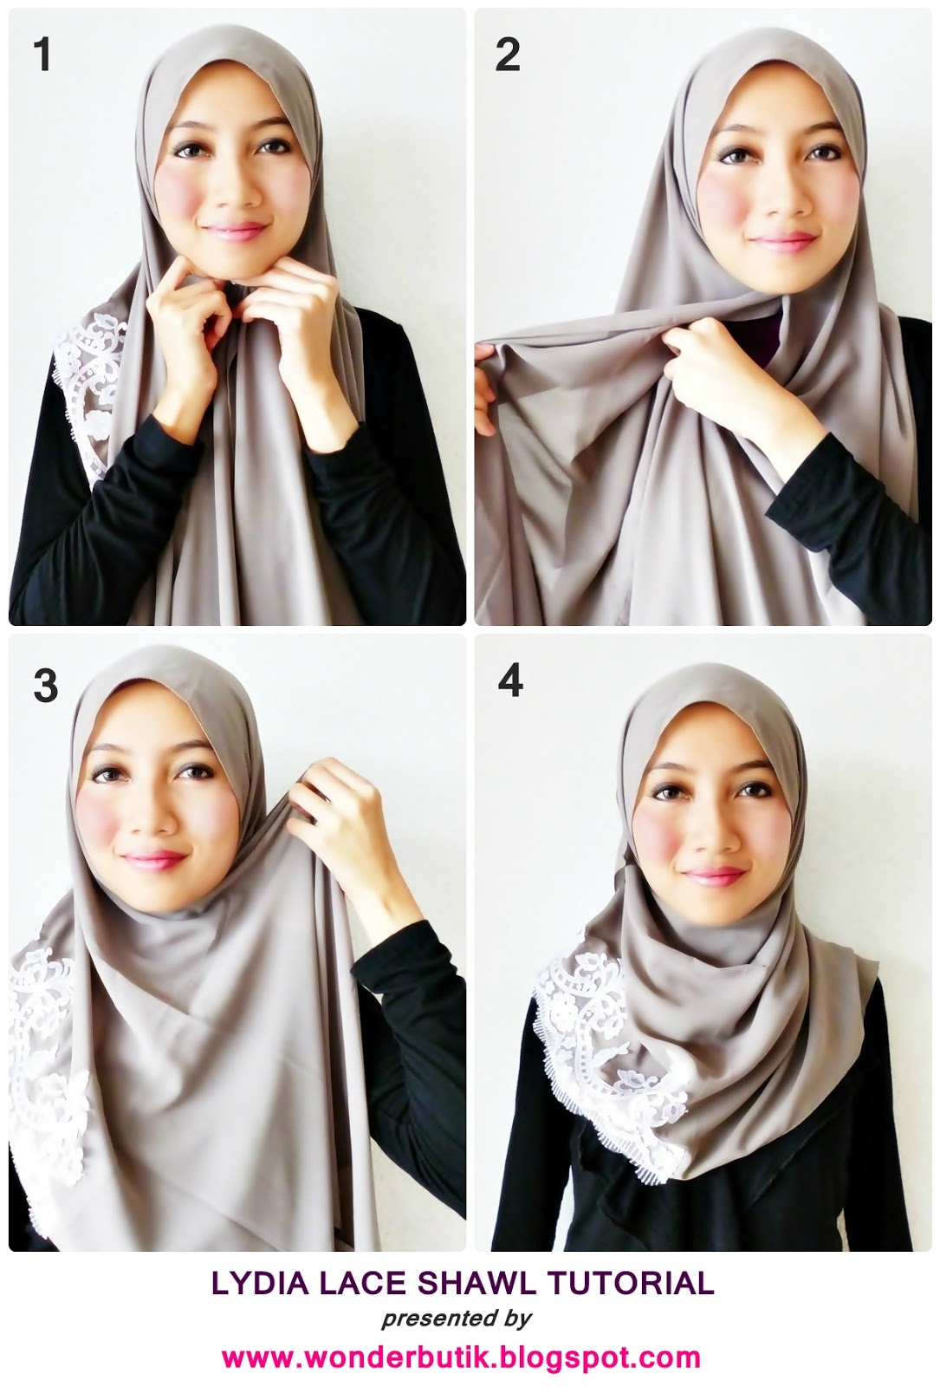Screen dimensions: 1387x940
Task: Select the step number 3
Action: pos(44,684)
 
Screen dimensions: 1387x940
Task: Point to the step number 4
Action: pos(510,680)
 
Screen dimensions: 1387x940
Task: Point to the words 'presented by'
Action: pos(456,1319)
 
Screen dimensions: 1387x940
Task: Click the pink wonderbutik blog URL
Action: pos(460,1356)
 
